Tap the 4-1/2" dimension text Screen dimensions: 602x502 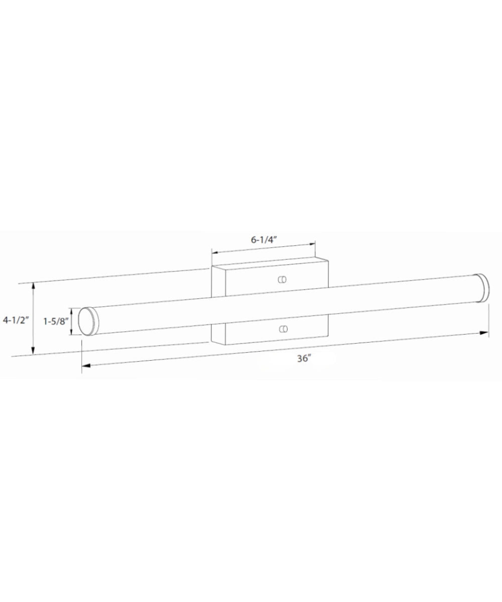(15, 320)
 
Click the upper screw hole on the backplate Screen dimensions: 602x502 (282, 279)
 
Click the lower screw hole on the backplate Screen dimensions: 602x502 (284, 329)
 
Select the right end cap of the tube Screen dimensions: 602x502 (483, 287)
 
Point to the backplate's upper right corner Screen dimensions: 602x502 (328, 259)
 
